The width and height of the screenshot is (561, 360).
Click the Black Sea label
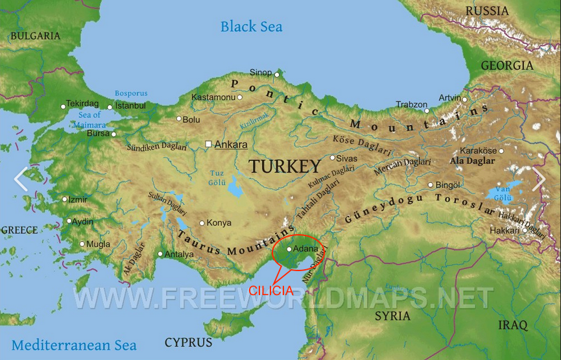tap(251, 27)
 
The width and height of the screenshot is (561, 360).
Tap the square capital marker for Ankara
tap(208, 144)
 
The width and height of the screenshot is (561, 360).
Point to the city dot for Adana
tap(289, 248)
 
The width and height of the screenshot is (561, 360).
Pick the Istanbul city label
tap(130, 106)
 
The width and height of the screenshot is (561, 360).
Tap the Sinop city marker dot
tap(276, 75)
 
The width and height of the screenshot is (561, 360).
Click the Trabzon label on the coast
tap(412, 104)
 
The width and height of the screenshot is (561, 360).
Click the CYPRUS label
tap(188, 342)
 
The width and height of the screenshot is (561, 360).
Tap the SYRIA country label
tap(392, 316)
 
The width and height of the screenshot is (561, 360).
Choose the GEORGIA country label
tap(507, 66)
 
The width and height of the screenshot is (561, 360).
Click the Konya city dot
tap(202, 223)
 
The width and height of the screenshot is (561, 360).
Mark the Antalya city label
tap(179, 254)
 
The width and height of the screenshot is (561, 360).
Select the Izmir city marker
tap(65, 200)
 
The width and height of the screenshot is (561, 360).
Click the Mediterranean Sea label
tap(74, 345)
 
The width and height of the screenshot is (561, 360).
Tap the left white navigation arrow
tap(21, 179)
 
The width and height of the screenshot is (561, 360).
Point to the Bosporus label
tap(131, 93)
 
